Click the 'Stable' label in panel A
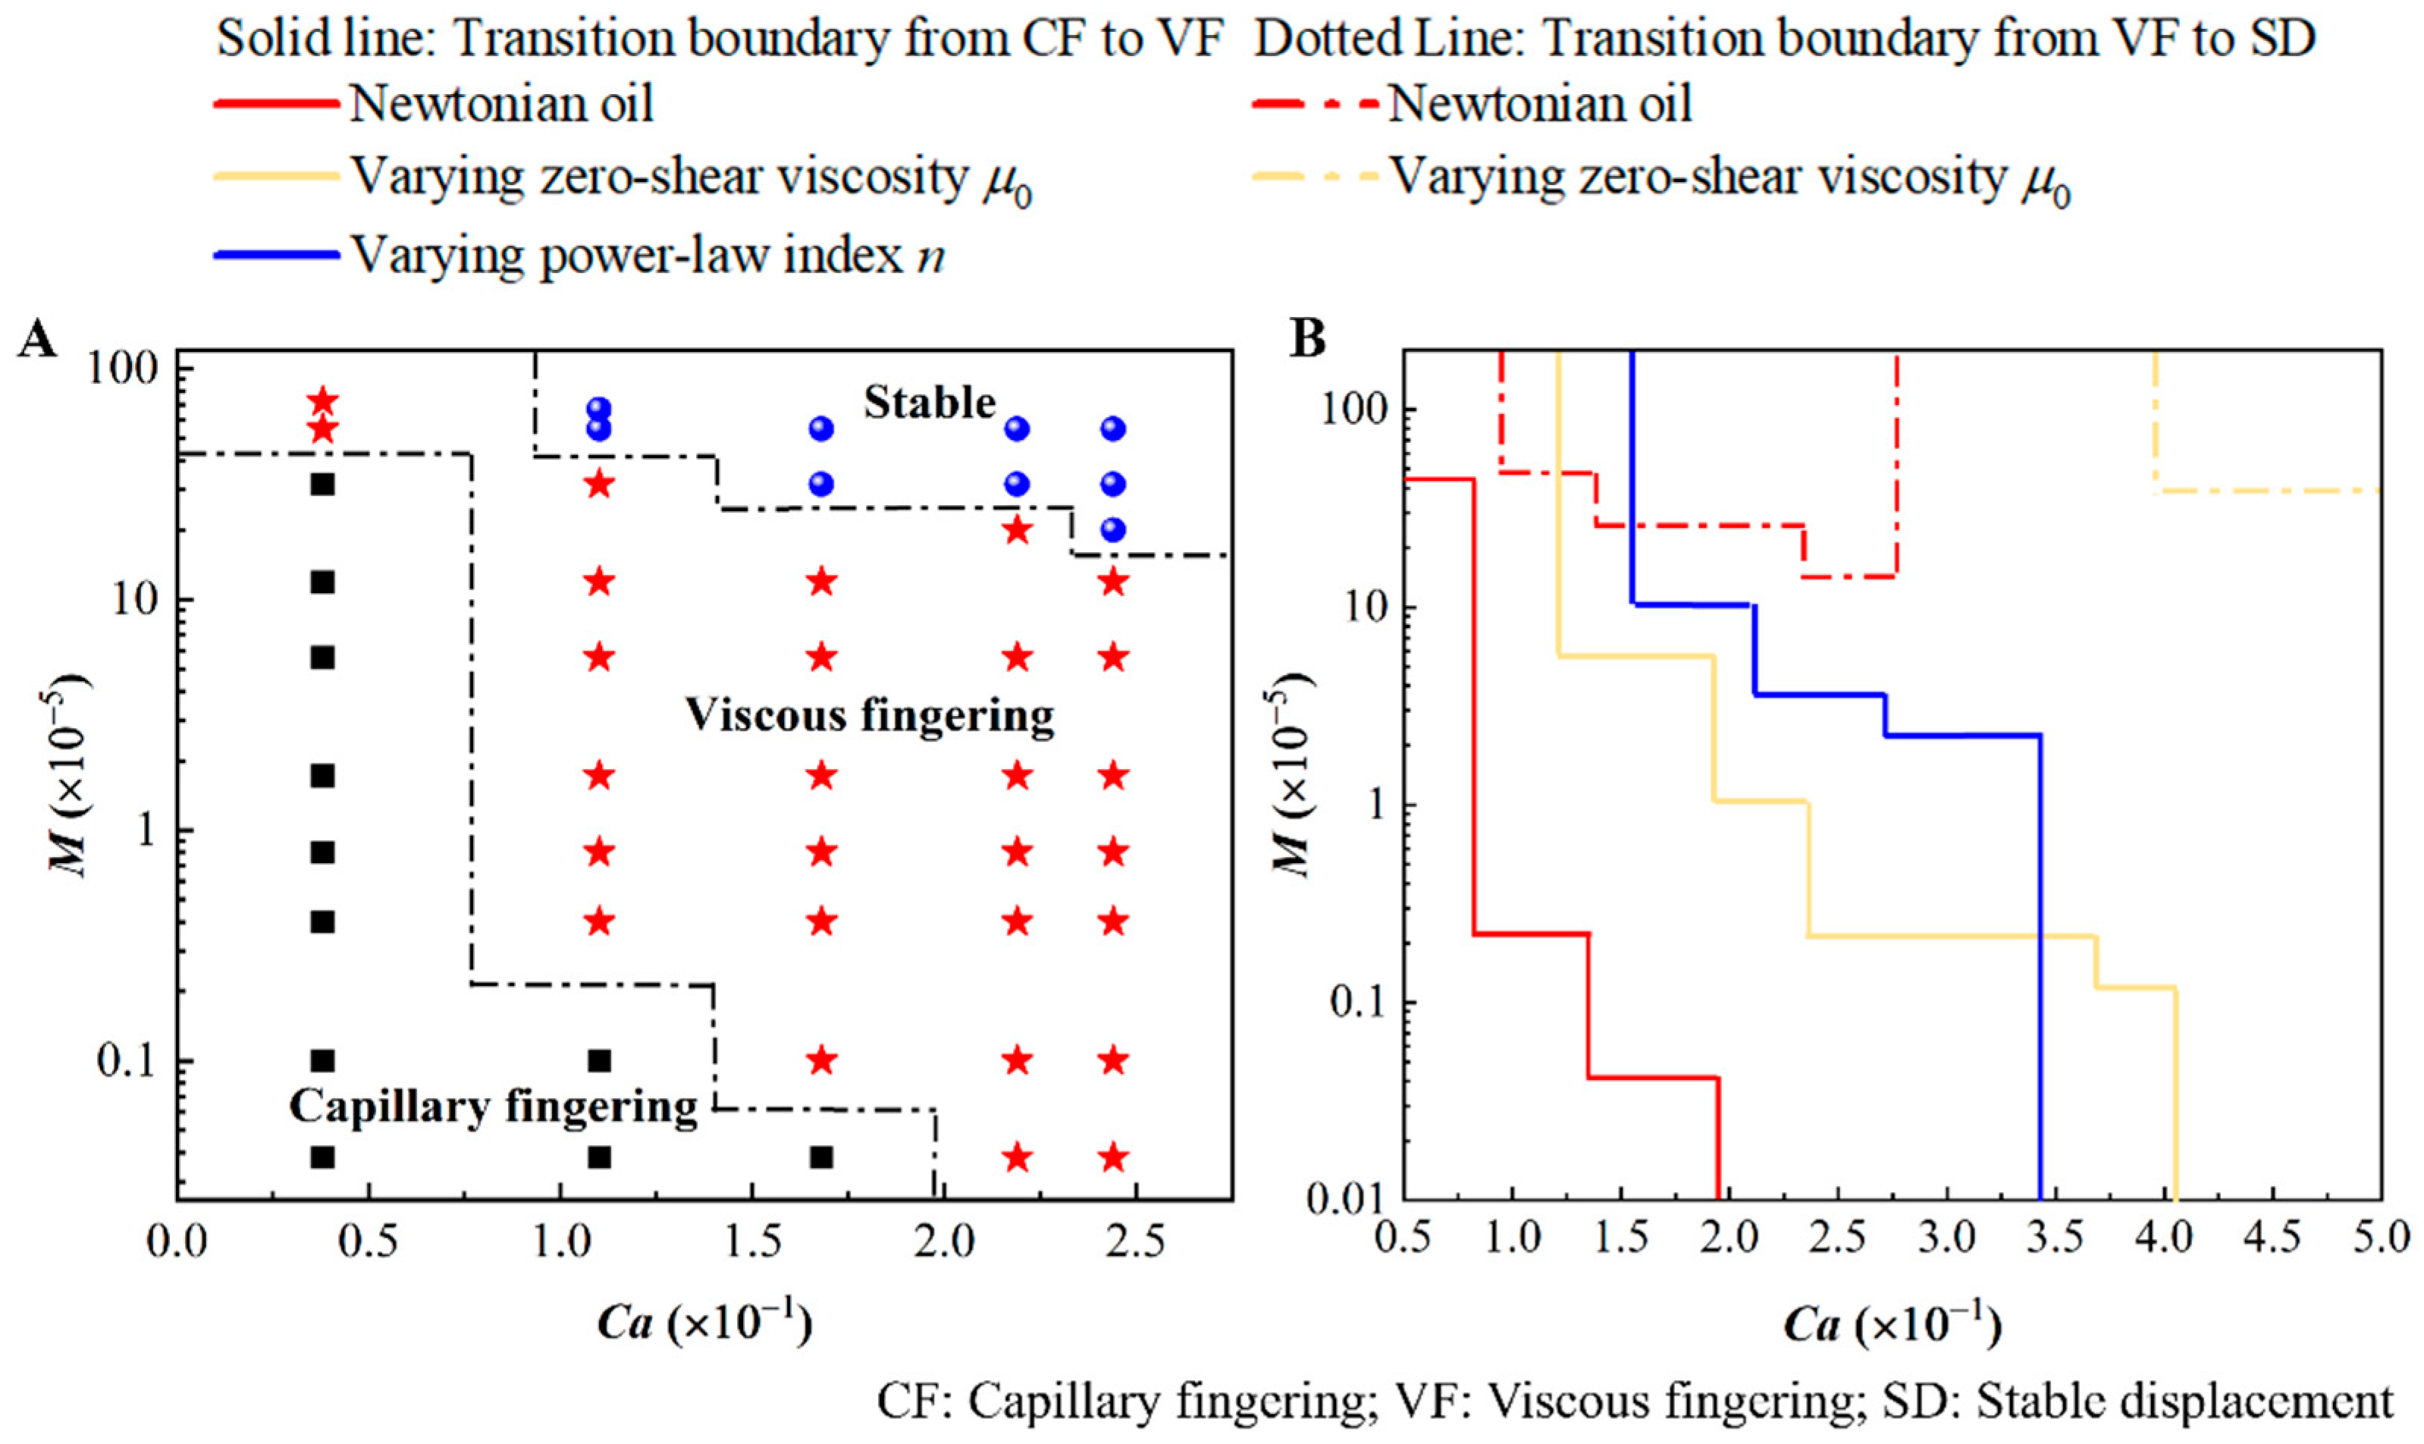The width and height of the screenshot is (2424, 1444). tap(930, 403)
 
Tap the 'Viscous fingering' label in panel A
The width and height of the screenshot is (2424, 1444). tap(870, 716)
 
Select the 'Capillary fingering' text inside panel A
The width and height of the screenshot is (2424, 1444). tap(494, 1107)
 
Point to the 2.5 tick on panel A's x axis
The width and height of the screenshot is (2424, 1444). tap(1136, 1244)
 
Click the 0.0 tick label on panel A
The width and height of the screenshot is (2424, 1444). tap(177, 1244)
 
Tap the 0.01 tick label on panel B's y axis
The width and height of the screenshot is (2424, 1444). tap(1348, 1199)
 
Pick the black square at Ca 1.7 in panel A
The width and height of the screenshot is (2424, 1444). tap(822, 1157)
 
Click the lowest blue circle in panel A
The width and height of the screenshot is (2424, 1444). tap(1114, 530)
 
